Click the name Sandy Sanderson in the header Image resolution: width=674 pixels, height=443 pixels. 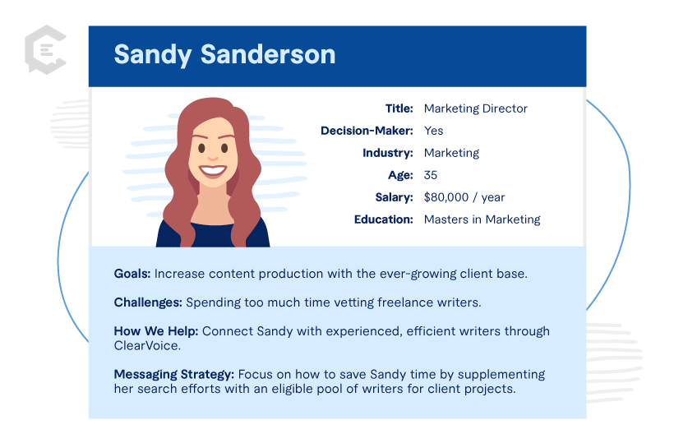tap(224, 55)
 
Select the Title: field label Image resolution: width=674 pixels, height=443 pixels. tap(399, 108)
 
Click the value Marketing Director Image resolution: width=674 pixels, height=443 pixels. tap(475, 108)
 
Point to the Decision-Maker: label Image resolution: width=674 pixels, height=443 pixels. tap(367, 131)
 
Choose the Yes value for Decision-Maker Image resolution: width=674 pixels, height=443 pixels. tap(433, 131)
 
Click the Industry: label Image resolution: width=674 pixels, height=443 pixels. tap(387, 153)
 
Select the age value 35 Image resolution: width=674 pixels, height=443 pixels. tap(431, 175)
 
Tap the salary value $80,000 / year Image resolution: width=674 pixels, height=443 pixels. tap(464, 197)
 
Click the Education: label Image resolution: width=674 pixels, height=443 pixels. tap(384, 219)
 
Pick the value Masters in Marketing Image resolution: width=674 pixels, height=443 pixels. tap(482, 219)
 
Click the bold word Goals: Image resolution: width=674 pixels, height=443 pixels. tap(132, 274)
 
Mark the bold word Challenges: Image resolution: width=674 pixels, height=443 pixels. tap(148, 302)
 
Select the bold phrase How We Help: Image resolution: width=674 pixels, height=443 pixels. tap(156, 331)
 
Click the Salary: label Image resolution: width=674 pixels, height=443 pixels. tap(395, 197)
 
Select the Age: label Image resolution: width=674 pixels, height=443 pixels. tap(400, 175)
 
